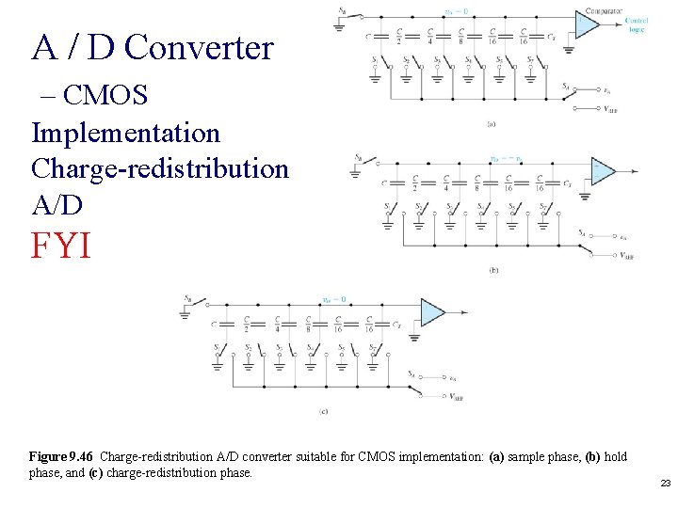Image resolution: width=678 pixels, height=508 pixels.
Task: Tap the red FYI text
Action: [x=61, y=246]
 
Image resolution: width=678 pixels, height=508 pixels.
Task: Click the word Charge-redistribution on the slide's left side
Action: [x=160, y=168]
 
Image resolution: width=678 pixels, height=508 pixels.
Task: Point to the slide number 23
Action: [x=665, y=484]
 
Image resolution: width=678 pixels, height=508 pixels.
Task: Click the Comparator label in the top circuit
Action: [x=604, y=11]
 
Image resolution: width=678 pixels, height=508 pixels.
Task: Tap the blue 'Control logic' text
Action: [x=637, y=24]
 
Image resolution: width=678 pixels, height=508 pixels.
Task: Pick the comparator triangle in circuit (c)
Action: [x=432, y=312]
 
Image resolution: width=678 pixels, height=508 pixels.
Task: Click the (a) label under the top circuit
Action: [x=492, y=123]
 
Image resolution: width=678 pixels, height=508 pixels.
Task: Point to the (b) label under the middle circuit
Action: [x=493, y=270]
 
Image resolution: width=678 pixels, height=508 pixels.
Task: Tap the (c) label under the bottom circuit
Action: [x=323, y=411]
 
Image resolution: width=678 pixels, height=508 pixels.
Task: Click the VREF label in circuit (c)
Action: [x=455, y=396]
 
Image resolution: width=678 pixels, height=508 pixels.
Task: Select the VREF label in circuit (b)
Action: [x=626, y=254]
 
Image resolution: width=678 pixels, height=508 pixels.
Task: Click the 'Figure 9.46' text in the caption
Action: [x=62, y=457]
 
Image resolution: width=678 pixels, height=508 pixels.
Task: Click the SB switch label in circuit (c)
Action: [x=186, y=299]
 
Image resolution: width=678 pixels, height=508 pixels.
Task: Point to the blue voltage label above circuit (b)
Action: [x=505, y=158]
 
